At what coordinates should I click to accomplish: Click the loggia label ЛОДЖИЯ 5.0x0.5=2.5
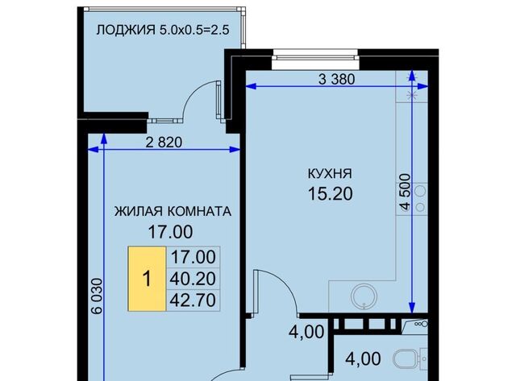point(163,30)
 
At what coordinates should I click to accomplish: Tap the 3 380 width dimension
point(337,79)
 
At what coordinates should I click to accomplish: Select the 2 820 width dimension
point(164,143)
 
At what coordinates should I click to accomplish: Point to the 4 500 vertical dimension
point(406,192)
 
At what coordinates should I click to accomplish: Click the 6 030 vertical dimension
point(98,296)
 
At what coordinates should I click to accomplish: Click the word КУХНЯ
point(330,173)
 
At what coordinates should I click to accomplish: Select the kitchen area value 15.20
point(330,193)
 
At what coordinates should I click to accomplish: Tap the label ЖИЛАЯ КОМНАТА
point(173,211)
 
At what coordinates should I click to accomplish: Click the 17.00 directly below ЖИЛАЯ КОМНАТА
point(170,232)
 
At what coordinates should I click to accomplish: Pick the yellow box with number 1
point(147,279)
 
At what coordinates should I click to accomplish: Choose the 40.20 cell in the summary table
point(193,279)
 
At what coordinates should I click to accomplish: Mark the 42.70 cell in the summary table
point(193,300)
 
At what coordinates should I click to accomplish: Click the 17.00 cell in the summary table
point(193,257)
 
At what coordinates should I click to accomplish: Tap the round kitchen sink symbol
point(364,296)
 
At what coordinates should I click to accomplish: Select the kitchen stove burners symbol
point(420,199)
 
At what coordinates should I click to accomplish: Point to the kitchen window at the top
point(315,59)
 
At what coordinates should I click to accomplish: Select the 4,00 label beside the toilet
point(363,359)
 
